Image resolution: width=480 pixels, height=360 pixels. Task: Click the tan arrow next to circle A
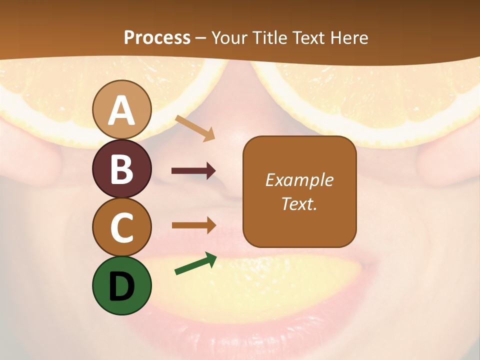click(195, 128)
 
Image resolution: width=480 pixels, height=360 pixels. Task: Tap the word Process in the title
click(157, 38)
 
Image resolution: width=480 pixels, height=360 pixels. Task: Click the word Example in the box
click(299, 180)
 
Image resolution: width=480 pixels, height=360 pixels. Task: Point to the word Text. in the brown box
click(299, 203)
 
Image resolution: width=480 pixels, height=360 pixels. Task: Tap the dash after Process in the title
click(200, 38)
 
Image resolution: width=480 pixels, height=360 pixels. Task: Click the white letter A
click(121, 111)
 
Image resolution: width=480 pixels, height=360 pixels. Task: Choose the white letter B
click(121, 169)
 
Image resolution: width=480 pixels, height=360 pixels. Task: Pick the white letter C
click(121, 227)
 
